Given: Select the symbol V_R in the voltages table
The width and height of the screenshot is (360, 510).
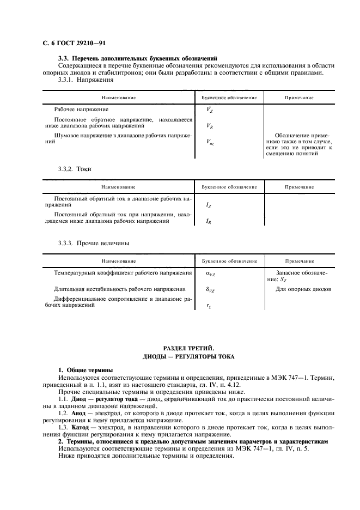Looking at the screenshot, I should (210, 126).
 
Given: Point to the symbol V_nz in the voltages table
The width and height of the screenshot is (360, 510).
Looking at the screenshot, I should (210, 142).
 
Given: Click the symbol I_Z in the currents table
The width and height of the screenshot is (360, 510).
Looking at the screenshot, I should (209, 205).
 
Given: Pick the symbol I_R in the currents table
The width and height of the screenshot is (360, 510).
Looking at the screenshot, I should (209, 222).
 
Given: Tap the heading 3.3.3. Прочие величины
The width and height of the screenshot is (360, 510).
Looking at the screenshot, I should (94, 243).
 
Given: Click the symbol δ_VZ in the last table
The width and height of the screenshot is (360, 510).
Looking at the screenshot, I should (210, 290).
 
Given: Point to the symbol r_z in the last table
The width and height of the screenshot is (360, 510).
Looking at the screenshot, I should (209, 307).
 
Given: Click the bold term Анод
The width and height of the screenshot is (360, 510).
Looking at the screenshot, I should (80, 414).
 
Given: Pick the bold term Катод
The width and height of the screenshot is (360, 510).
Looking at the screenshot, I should (81, 428).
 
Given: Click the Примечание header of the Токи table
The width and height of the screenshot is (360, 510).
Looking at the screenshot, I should (299, 186).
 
